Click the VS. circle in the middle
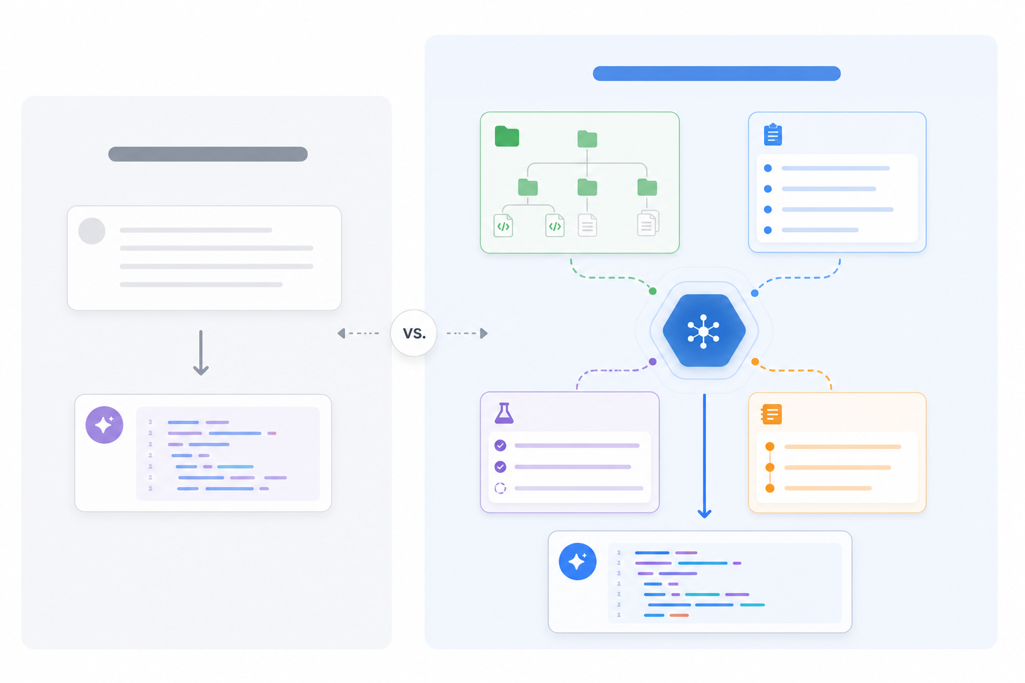click(x=414, y=333)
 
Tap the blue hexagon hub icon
click(x=704, y=330)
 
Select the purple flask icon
click(x=504, y=413)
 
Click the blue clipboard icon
click(x=773, y=135)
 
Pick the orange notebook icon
click(x=771, y=414)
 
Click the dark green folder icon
click(x=507, y=136)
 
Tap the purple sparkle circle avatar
click(x=104, y=425)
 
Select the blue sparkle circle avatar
click(x=577, y=562)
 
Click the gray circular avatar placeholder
click(x=92, y=231)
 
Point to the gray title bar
click(x=208, y=154)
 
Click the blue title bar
click(x=717, y=73)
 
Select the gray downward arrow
click(x=201, y=353)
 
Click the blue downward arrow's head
click(x=704, y=514)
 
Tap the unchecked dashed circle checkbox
click(x=500, y=489)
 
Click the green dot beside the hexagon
click(x=653, y=291)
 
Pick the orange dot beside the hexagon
click(x=755, y=362)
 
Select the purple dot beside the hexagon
click(x=653, y=362)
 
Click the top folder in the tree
click(x=587, y=139)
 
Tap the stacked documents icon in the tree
click(x=648, y=223)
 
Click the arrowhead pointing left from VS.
click(x=342, y=333)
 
